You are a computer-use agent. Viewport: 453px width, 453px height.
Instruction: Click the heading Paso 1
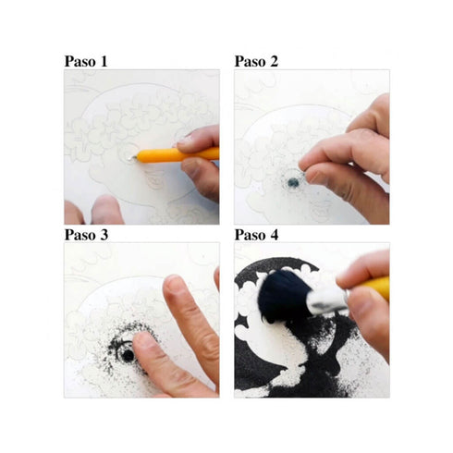point(86,61)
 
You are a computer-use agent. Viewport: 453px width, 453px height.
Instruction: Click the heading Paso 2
point(256,61)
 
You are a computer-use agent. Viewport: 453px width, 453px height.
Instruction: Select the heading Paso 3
point(86,235)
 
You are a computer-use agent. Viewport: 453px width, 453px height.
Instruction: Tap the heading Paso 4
point(256,235)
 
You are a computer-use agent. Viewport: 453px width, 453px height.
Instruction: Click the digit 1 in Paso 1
point(104,61)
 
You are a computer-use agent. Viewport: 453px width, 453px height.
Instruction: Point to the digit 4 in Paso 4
point(275,235)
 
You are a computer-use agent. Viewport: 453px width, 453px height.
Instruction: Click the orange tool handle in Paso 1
point(178,155)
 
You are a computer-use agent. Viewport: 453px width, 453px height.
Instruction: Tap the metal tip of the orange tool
point(132,158)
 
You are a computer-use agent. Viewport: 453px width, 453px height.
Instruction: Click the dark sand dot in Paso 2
point(293,183)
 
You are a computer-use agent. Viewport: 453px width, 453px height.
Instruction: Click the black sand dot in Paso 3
point(128,356)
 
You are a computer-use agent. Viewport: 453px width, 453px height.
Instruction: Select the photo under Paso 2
point(312,147)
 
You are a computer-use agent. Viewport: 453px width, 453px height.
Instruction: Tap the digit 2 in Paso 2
point(274,61)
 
